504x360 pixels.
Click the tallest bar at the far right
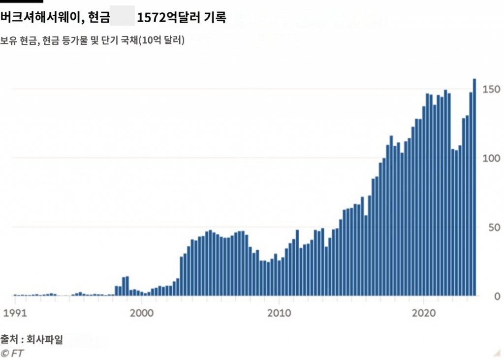474,187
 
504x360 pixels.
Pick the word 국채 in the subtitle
128,41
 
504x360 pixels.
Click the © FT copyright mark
12,353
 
